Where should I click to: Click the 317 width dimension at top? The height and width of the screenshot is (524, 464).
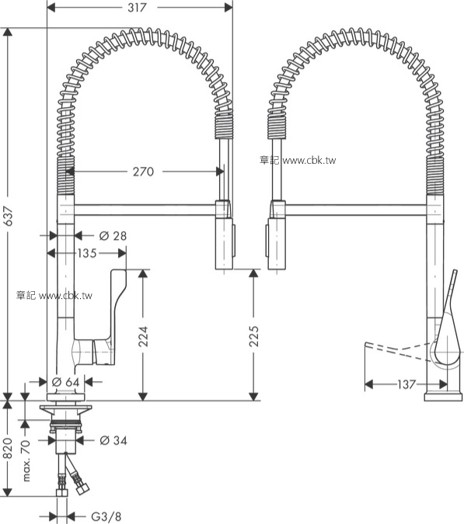point(141,7)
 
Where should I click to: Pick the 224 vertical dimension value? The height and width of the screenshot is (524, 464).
point(143,335)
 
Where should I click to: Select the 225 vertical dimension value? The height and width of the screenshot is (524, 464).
point(254,335)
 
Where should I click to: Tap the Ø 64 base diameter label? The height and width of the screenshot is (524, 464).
point(67,382)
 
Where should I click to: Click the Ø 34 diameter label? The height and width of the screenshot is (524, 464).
point(113,441)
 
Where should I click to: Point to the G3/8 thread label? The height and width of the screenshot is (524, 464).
point(106,515)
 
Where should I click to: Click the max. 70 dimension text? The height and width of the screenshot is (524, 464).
point(26,460)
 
